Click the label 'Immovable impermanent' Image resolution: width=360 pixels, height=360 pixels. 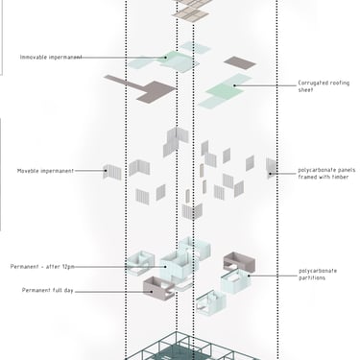pos(51,58)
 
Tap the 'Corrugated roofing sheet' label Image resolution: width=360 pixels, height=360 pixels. pos(324,86)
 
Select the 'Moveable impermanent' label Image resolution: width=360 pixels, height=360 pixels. pos(45,171)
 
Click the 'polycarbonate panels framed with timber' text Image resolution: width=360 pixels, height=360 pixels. pos(326,174)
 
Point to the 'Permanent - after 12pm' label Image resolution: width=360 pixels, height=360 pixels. pos(42,267)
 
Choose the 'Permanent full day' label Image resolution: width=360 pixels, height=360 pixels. pos(48,290)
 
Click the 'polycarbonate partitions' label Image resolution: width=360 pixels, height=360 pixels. pos(318,275)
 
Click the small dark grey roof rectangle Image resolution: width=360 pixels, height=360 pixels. pos(240,62)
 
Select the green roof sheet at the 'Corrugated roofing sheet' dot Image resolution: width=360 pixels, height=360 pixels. pos(225,91)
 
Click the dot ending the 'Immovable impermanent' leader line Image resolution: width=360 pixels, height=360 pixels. pos(166,58)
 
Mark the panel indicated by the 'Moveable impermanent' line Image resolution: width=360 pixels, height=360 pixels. pos(112,172)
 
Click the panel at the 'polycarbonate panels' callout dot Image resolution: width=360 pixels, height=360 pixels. pos(272,168)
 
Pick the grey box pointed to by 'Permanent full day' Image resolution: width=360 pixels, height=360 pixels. pos(158,288)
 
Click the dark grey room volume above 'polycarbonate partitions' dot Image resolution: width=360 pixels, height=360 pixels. pos(239,260)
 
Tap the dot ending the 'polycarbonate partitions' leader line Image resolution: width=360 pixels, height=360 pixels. pos(249,276)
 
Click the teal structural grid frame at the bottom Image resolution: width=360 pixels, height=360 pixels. pos(192,348)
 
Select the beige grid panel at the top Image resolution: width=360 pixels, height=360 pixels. pos(191,14)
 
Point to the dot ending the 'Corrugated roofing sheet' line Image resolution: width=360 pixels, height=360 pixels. pos(234,85)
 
